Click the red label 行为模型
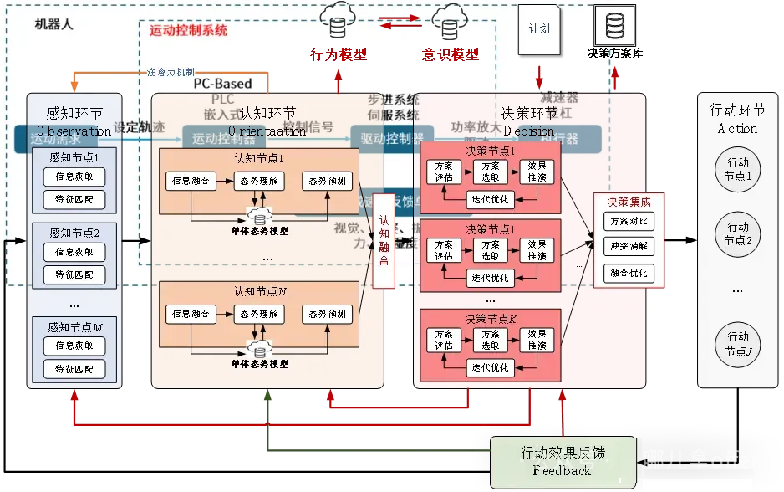[x=339, y=54]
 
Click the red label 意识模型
[x=451, y=54]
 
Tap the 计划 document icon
[x=539, y=28]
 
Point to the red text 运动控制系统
[x=188, y=31]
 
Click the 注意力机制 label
[x=171, y=72]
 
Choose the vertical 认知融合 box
[x=384, y=240]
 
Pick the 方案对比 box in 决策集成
[x=629, y=221]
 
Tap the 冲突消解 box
[x=629, y=247]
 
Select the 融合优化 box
[x=629, y=273]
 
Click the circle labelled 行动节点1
[x=738, y=168]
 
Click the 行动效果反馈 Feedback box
[x=563, y=461]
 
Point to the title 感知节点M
[x=74, y=325]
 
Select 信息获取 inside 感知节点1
[x=74, y=177]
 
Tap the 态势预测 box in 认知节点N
[x=327, y=315]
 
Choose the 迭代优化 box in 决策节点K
[x=490, y=367]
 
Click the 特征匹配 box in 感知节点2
[x=74, y=274]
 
